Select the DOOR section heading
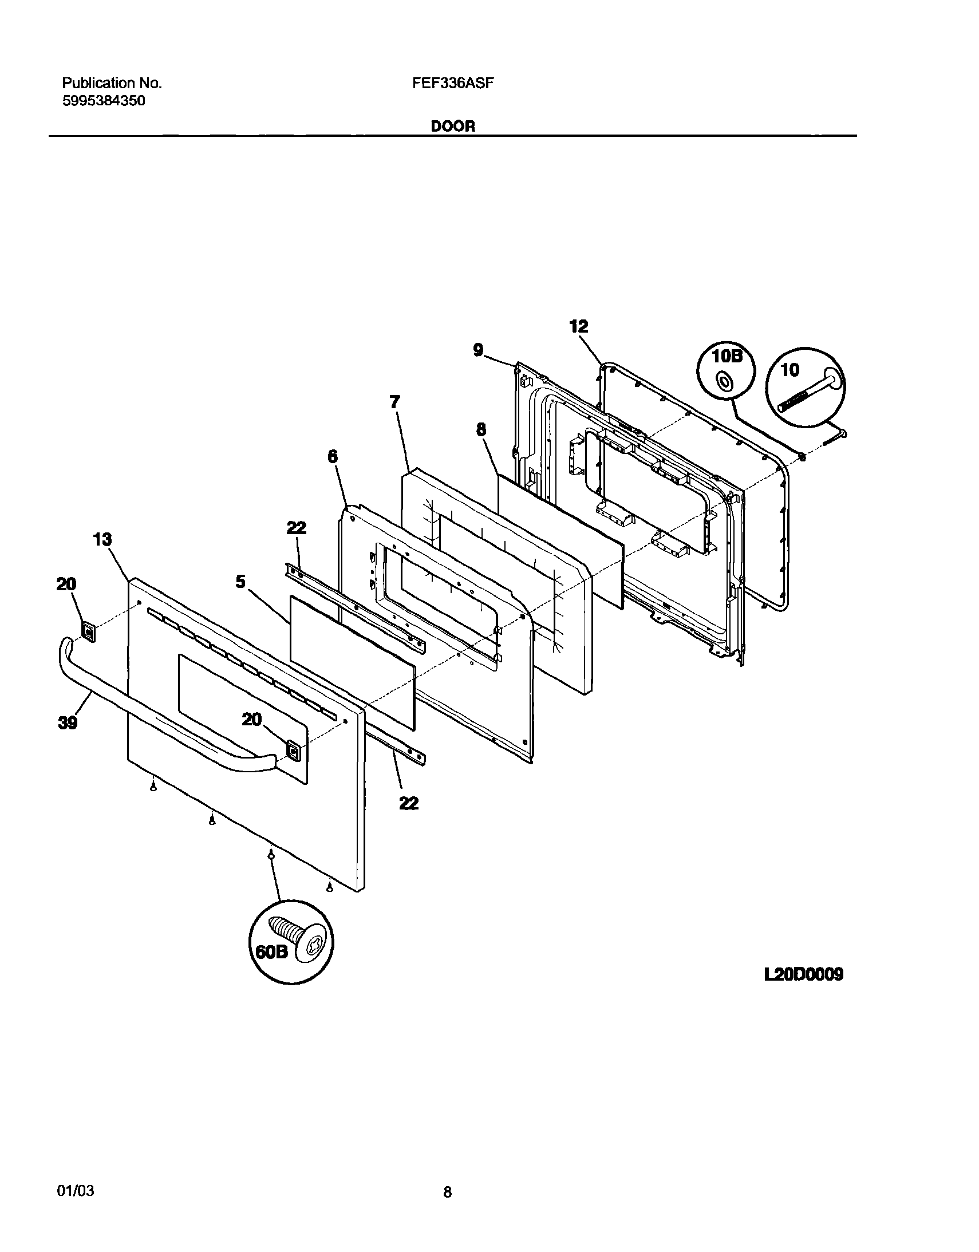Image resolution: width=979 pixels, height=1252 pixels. (453, 127)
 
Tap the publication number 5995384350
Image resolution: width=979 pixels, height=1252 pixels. (104, 101)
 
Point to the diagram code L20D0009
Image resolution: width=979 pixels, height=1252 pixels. (804, 974)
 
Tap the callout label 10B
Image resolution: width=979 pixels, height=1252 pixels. (726, 356)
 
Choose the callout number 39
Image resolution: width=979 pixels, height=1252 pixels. (68, 723)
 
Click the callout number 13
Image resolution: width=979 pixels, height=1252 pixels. (102, 539)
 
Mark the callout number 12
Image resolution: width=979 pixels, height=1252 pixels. (579, 326)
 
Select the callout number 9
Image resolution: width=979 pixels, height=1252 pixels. (479, 349)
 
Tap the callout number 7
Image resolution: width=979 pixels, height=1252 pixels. (394, 402)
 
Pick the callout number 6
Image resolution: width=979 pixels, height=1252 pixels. (333, 456)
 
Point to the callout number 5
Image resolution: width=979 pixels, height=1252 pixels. (240, 582)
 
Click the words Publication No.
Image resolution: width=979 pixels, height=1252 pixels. (112, 84)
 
